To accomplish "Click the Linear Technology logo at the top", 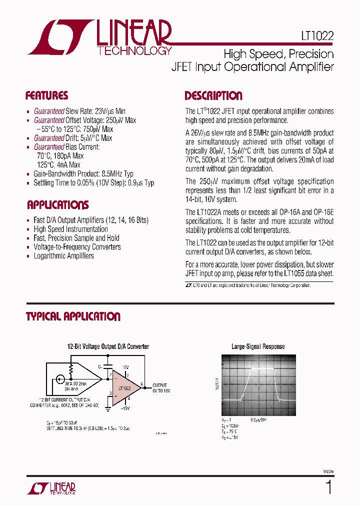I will [100, 37].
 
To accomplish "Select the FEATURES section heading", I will [46, 95].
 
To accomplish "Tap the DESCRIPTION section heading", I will [213, 95].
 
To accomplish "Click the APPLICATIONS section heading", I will [57, 204].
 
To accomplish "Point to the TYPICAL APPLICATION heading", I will [73, 316].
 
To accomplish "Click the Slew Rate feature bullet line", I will [79, 111].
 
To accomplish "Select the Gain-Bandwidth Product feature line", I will [83, 174].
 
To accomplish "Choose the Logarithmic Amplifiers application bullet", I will [63, 256].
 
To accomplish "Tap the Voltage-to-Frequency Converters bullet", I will [77, 247].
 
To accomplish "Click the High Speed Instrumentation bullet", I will [70, 229].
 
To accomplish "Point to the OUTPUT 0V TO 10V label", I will [161, 387].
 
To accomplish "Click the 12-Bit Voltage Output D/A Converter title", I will [108, 346].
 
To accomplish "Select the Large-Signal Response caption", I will [257, 346].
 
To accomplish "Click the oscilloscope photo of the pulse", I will [258, 384].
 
